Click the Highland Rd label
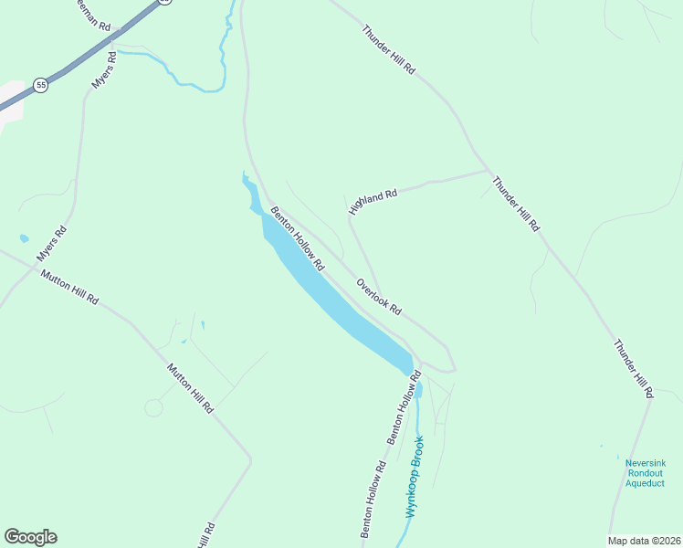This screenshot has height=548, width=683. pos(373,202)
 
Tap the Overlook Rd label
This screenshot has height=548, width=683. pos(379,296)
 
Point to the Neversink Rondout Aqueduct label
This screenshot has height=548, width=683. pos(645,472)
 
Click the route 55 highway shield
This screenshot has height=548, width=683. pos(40,85)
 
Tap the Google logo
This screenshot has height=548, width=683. pos(30,537)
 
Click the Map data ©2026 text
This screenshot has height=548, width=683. pos(644,541)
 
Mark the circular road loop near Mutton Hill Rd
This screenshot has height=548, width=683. pos(153,407)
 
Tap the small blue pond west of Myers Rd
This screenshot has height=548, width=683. pos(24,239)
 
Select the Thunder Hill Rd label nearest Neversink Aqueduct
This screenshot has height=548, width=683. pos(634,368)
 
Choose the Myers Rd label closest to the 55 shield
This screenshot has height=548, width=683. pos(104,69)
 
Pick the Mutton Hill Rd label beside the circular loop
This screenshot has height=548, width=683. pos(190,387)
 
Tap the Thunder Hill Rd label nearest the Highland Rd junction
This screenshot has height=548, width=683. pos(516,203)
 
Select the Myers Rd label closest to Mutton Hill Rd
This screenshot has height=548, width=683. pos(53,245)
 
